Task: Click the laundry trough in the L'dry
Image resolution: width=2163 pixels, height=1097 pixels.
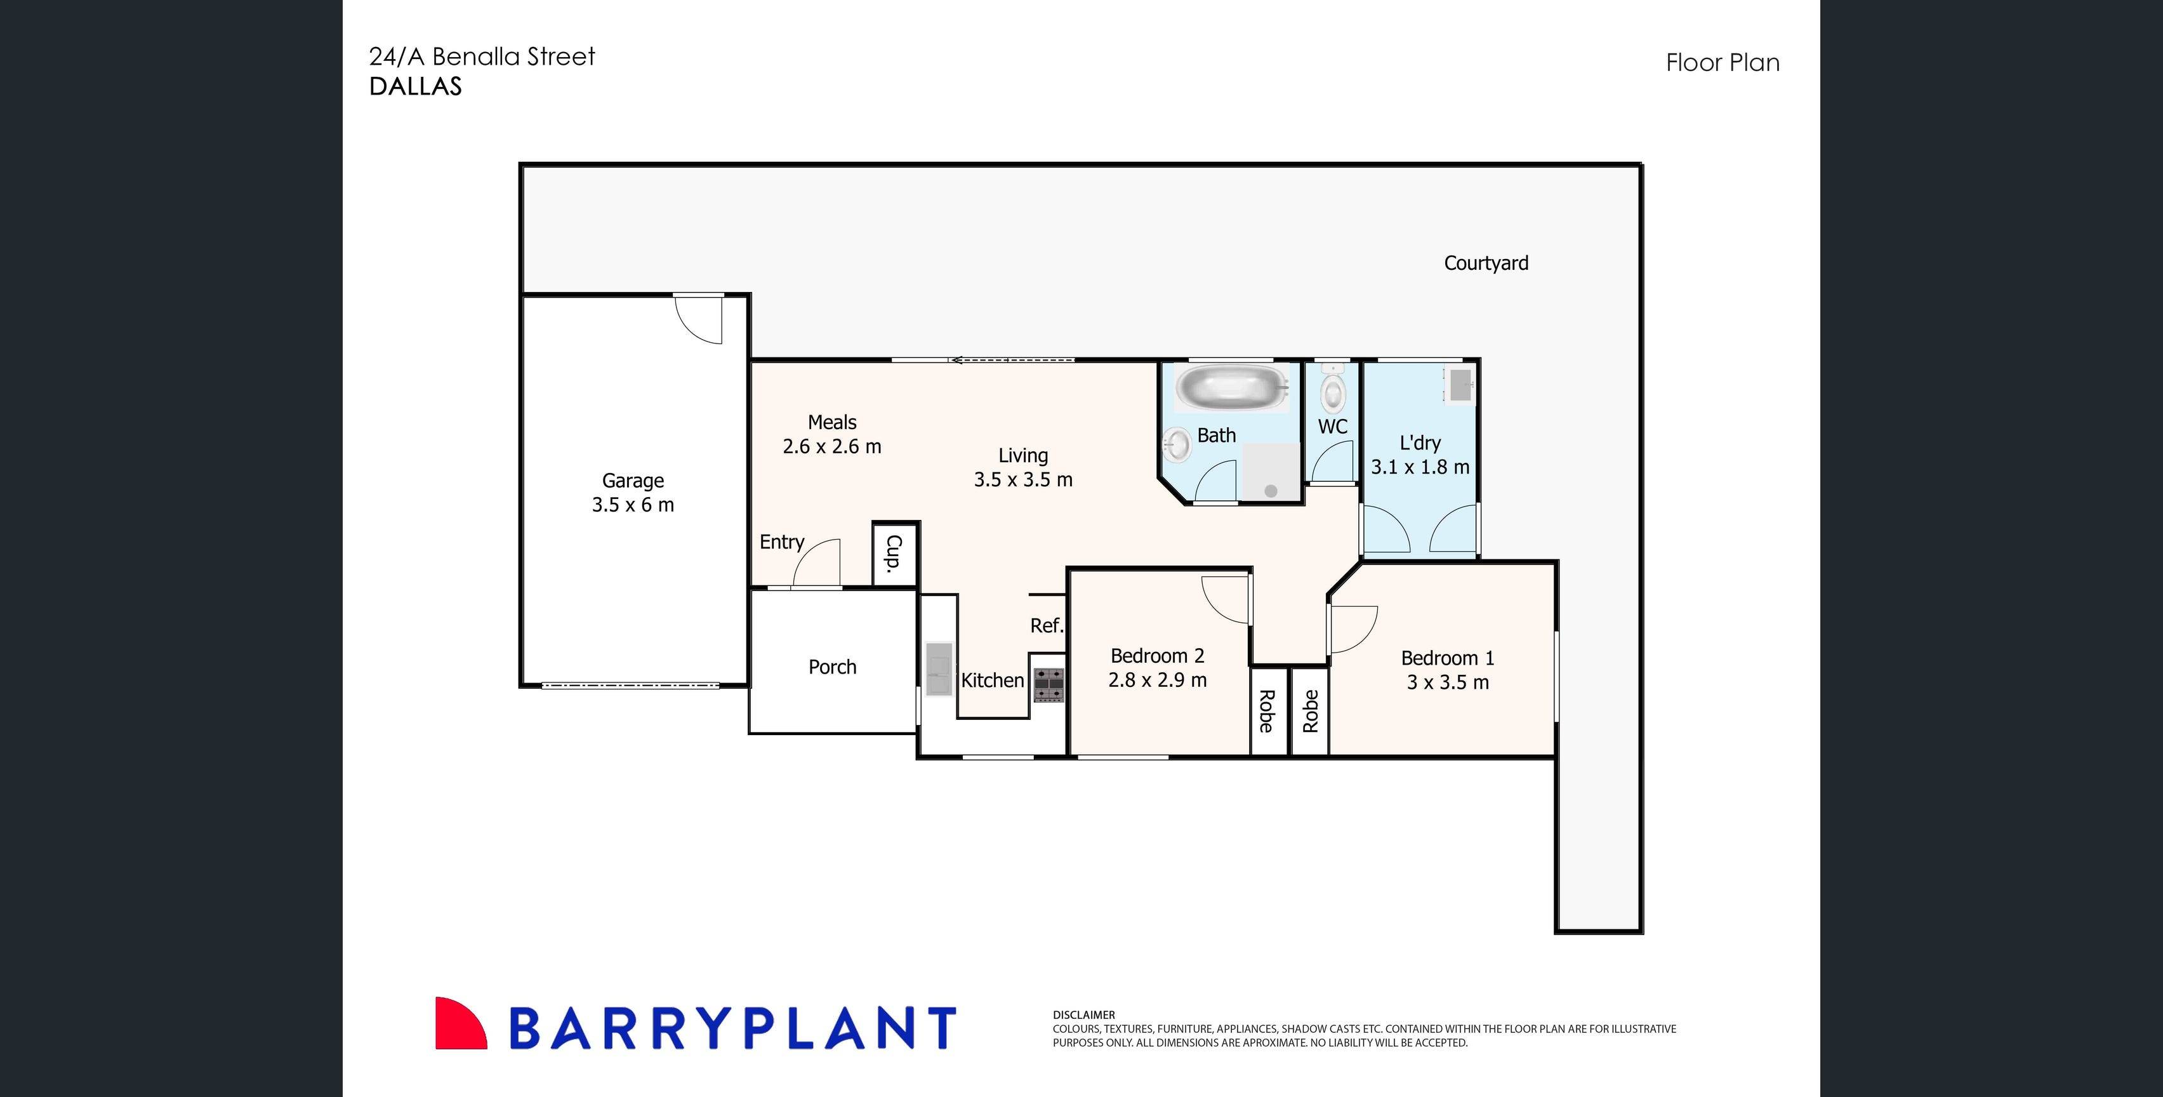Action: tap(1459, 385)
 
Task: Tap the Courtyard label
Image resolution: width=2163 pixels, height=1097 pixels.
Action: tap(1485, 263)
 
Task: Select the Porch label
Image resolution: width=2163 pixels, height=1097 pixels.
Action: tap(832, 667)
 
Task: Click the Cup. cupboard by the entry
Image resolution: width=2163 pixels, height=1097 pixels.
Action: tap(894, 553)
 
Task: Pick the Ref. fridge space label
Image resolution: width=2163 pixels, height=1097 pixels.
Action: tap(1046, 625)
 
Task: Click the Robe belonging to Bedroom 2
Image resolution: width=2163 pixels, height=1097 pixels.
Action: tap(1267, 710)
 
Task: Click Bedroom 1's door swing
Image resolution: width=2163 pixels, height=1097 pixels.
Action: tap(1353, 629)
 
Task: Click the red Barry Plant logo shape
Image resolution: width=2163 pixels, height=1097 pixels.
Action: tap(458, 1025)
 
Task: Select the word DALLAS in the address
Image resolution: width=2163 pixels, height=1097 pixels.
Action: tap(416, 86)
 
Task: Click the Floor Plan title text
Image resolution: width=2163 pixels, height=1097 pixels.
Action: tap(1722, 63)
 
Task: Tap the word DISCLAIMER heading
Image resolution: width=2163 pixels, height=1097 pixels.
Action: tap(1083, 1014)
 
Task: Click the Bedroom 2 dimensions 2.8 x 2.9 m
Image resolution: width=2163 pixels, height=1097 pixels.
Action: tap(1157, 679)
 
